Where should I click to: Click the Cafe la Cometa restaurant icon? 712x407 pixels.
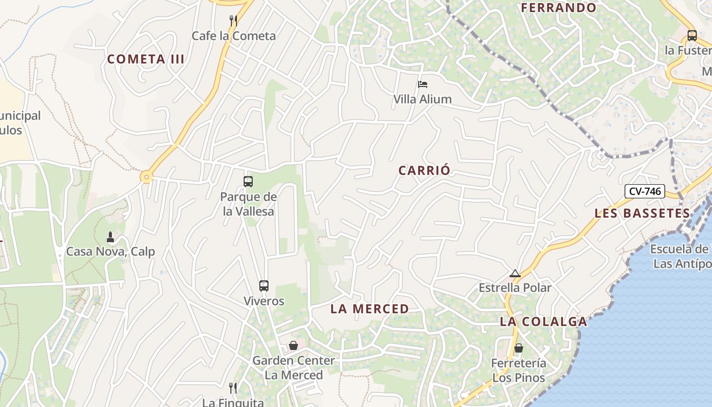click(233, 20)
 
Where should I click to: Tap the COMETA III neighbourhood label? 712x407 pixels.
click(146, 59)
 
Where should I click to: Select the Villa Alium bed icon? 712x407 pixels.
click(423, 84)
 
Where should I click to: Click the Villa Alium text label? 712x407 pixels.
click(423, 99)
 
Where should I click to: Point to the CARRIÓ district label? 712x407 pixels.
click(425, 170)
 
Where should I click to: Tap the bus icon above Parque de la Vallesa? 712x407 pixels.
click(248, 182)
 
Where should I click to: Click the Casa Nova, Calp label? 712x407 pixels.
click(111, 252)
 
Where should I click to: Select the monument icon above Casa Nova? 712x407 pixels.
click(110, 237)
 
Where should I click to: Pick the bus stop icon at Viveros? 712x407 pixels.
click(263, 286)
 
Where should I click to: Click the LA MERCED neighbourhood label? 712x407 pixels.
click(370, 309)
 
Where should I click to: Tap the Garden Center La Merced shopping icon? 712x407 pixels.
click(293, 346)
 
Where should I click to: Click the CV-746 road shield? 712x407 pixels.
click(645, 191)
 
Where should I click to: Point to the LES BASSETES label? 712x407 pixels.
click(642, 213)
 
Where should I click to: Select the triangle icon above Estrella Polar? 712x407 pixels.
click(515, 274)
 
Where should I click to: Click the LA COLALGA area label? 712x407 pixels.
click(544, 322)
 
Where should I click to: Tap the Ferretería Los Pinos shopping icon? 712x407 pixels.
click(519, 348)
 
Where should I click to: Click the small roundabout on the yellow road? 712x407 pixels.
click(146, 177)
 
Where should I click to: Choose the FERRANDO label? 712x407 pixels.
click(559, 8)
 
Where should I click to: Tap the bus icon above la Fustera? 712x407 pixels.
click(692, 36)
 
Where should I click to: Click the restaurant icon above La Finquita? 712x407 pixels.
click(233, 388)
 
